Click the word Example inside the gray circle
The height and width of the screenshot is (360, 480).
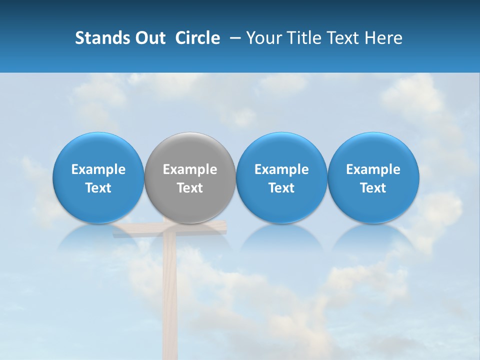pyautogui.click(x=190, y=169)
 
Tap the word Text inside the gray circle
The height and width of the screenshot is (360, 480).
pyautogui.click(x=190, y=188)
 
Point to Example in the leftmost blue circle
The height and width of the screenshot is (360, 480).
pyautogui.click(x=98, y=169)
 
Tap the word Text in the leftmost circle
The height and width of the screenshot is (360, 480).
pyautogui.click(x=98, y=188)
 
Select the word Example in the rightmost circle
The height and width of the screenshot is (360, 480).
pyautogui.click(x=373, y=169)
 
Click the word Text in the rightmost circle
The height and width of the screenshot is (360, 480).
pyautogui.click(x=373, y=188)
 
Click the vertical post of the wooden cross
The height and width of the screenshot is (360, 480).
pyautogui.click(x=169, y=300)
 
